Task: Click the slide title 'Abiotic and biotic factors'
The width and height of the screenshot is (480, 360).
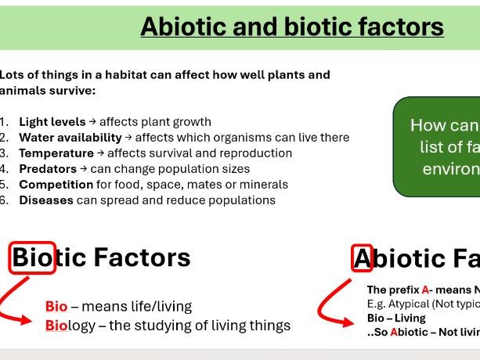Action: pos(291,27)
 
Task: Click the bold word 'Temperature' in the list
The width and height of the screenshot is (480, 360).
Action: pos(56,153)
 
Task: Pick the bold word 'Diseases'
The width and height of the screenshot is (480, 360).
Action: pos(46,200)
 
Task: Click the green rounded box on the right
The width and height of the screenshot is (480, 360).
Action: pos(437,147)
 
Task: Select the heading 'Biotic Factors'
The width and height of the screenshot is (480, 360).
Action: pos(101,257)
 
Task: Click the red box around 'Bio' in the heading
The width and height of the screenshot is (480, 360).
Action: pos(32,257)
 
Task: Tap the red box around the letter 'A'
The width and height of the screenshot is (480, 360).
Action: pos(363,257)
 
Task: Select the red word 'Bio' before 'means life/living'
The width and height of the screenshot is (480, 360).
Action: pos(56,307)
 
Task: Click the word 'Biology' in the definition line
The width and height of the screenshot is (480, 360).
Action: pos(69,326)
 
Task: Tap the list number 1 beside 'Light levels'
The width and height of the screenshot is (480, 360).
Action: pos(4,122)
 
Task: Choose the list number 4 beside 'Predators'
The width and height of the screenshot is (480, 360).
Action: pos(4,169)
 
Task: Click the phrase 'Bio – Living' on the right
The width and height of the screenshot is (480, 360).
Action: pos(396,318)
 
